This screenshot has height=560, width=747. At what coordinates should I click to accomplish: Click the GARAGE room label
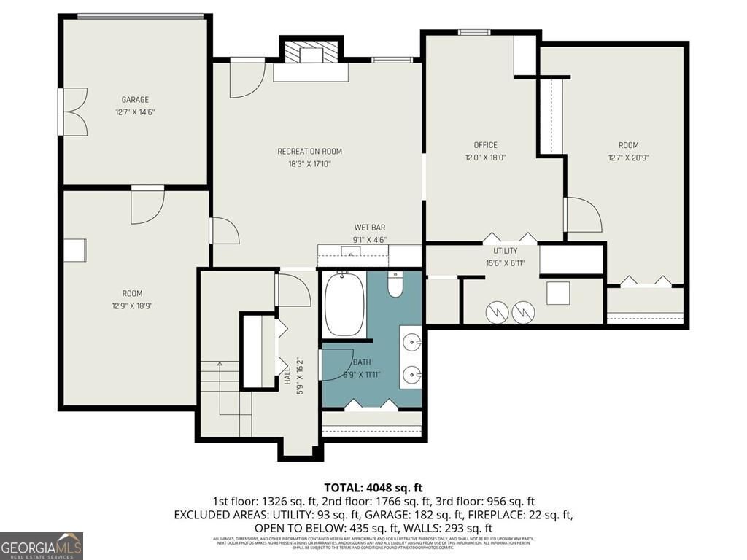(x=135, y=100)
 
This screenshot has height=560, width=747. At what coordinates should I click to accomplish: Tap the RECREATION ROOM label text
(x=309, y=152)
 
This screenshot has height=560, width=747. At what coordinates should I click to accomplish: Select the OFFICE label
(x=485, y=145)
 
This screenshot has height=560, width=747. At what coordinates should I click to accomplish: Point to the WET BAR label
(x=370, y=227)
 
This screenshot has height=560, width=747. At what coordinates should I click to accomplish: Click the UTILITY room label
(x=506, y=251)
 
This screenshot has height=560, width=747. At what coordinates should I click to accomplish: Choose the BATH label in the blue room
(x=362, y=362)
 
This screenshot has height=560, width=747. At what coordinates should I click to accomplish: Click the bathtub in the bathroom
(x=344, y=304)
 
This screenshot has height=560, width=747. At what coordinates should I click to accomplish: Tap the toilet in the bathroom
(x=395, y=284)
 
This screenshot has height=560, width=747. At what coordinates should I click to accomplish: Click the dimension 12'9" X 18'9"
(x=127, y=306)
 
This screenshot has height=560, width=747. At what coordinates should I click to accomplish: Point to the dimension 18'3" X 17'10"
(x=309, y=164)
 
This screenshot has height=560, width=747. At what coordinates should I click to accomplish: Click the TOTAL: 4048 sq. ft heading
(x=373, y=487)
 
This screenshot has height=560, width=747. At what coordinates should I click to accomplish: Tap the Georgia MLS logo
(x=42, y=545)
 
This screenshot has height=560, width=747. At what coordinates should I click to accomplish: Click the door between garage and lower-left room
(x=147, y=204)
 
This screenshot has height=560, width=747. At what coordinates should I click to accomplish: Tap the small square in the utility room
(x=559, y=293)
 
